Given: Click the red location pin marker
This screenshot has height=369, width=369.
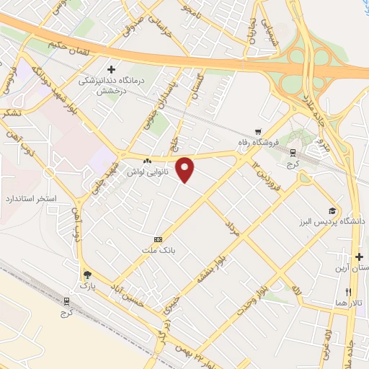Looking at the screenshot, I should click(186, 170).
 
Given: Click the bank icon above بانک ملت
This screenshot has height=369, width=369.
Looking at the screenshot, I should click(158, 239).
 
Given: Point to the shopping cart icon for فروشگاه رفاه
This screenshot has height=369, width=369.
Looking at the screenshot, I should click(258, 132).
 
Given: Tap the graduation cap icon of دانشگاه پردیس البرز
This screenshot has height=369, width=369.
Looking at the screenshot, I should click(332, 211).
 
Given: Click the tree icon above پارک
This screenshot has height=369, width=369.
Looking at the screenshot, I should click(88, 275).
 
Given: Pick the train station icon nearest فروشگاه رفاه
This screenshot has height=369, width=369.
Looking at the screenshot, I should click(293, 152).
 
